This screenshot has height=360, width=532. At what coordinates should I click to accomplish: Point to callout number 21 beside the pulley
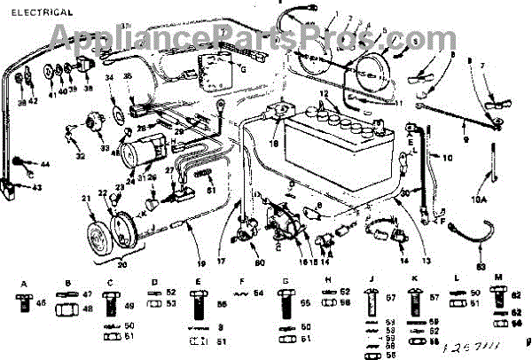86,198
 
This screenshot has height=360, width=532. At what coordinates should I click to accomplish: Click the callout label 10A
479,201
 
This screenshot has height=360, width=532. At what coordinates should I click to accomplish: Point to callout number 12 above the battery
324,93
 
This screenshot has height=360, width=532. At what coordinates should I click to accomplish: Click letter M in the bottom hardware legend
500,278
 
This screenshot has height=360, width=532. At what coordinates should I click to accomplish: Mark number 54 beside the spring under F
259,293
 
